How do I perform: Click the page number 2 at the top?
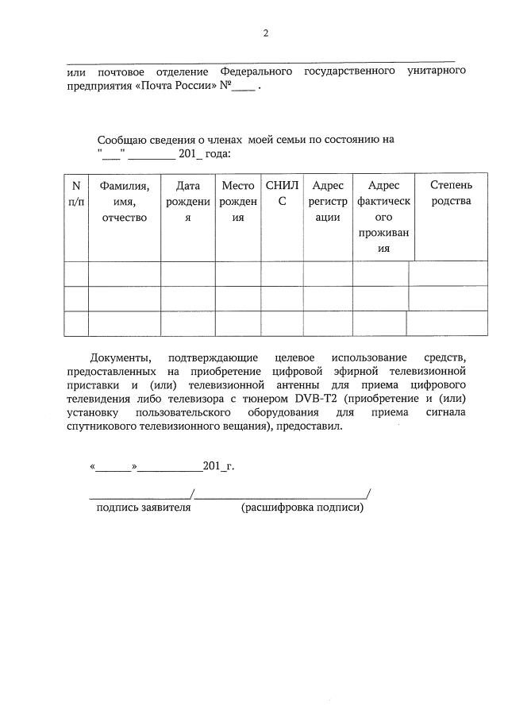(x=266, y=33)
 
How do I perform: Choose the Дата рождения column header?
(x=188, y=202)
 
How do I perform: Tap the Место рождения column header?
(x=237, y=202)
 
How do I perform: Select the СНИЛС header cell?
(x=281, y=193)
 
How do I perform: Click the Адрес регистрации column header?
(x=327, y=202)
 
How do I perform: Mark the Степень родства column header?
(x=451, y=193)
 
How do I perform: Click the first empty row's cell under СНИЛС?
(x=281, y=273)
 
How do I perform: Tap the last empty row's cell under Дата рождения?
(x=188, y=324)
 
